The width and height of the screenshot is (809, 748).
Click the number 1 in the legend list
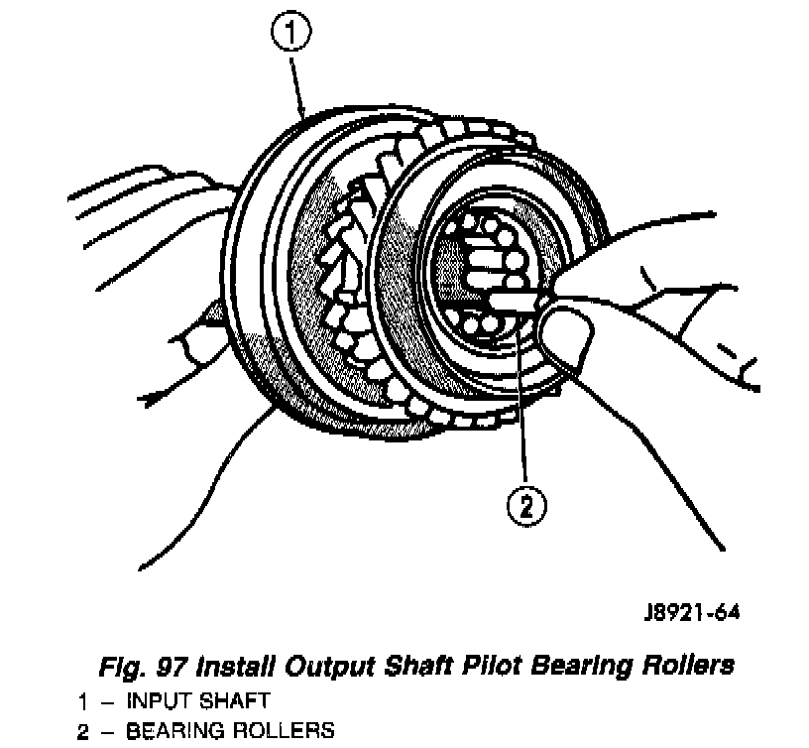(x=84, y=701)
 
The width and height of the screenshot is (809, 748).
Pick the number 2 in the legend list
(x=84, y=731)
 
